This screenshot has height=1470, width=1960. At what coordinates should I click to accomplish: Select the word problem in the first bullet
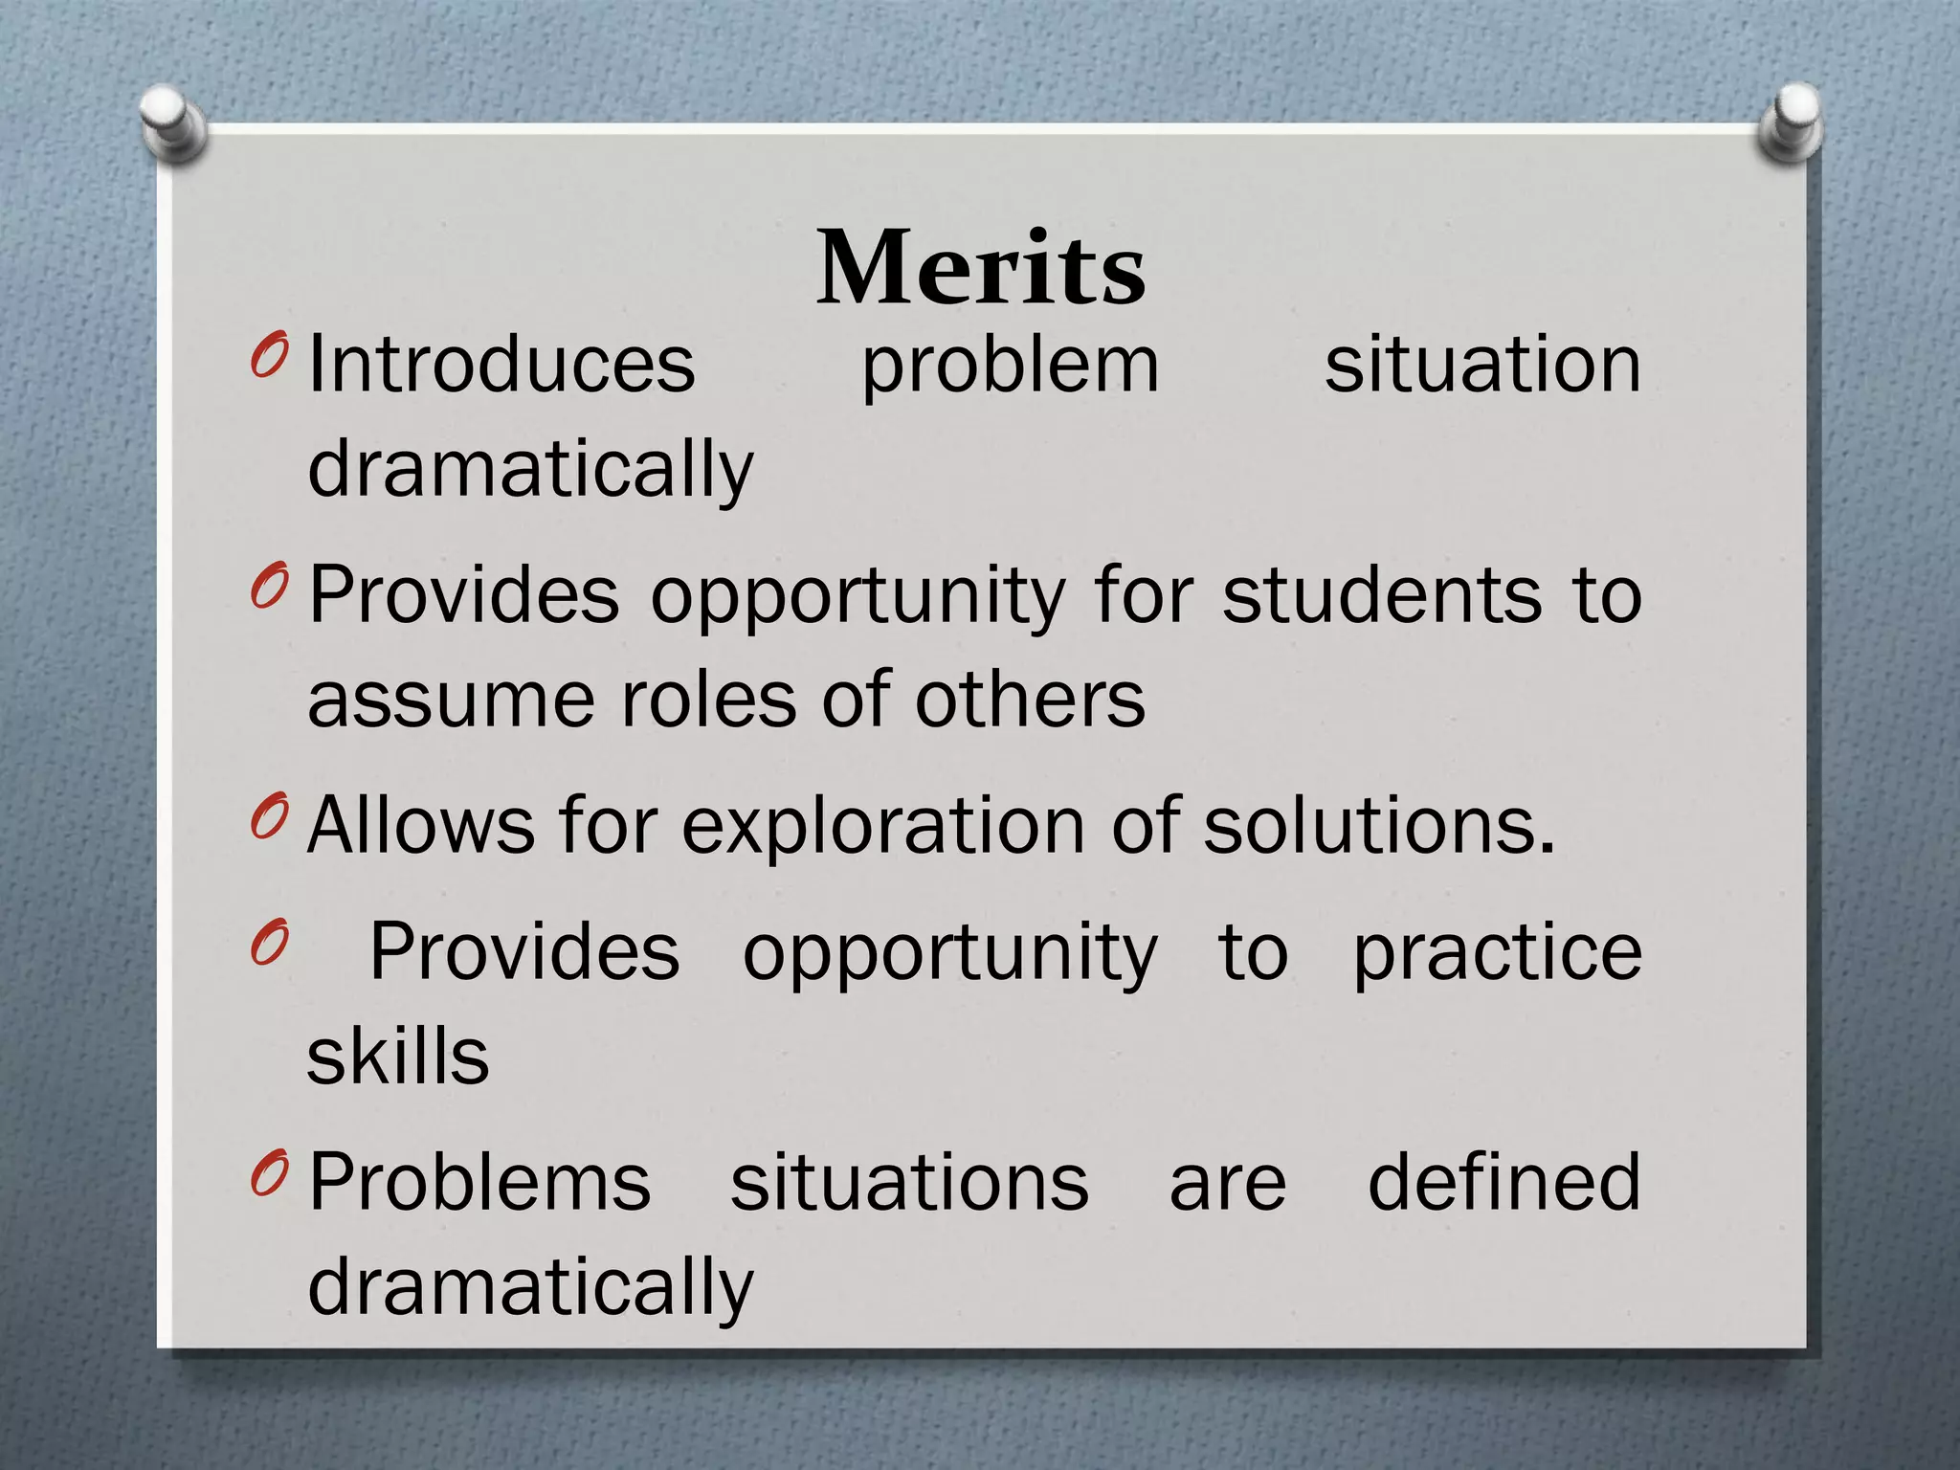click(1010, 367)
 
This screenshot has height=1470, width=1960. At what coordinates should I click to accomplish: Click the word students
click(1381, 595)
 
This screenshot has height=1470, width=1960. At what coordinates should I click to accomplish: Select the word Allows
click(421, 825)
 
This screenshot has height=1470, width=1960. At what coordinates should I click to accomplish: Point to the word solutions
click(1378, 825)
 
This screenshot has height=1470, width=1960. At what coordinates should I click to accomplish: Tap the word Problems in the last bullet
click(479, 1183)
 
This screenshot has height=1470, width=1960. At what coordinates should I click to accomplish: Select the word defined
click(1503, 1182)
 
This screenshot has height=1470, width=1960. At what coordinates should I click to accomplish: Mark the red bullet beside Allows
click(269, 815)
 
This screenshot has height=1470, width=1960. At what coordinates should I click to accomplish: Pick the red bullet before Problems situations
click(269, 1172)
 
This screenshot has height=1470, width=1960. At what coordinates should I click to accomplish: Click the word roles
click(707, 700)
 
